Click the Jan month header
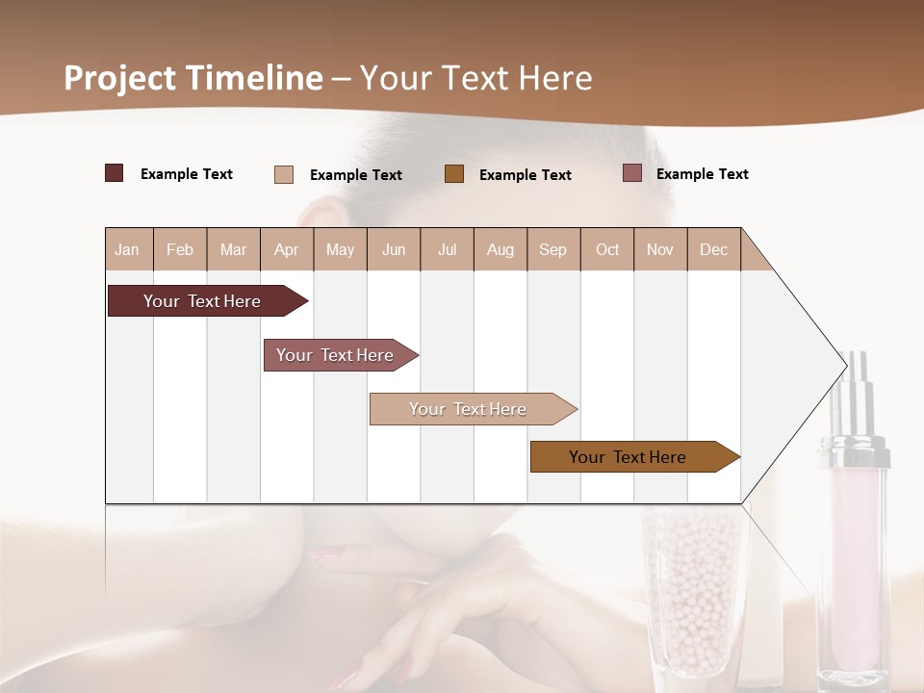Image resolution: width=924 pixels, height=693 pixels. click(x=127, y=249)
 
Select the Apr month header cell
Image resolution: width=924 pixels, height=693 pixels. click(x=287, y=249)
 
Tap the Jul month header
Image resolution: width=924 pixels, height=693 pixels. click(x=447, y=249)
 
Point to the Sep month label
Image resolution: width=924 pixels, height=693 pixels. click(x=552, y=249)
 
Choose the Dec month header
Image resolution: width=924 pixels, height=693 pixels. click(x=713, y=249)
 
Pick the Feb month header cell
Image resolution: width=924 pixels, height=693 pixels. click(x=180, y=249)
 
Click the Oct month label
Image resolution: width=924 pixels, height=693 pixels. click(x=607, y=249)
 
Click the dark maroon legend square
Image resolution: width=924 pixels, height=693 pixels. click(x=115, y=173)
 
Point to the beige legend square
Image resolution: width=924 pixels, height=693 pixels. click(x=284, y=174)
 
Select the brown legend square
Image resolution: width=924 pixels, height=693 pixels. click(x=454, y=173)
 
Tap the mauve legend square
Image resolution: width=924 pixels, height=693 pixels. click(x=632, y=173)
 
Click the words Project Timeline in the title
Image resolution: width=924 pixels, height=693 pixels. click(x=193, y=78)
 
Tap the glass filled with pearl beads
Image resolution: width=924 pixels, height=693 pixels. click(x=693, y=587)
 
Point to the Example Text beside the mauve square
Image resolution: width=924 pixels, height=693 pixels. click(x=702, y=174)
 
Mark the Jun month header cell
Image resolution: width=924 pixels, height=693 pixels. click(x=394, y=249)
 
